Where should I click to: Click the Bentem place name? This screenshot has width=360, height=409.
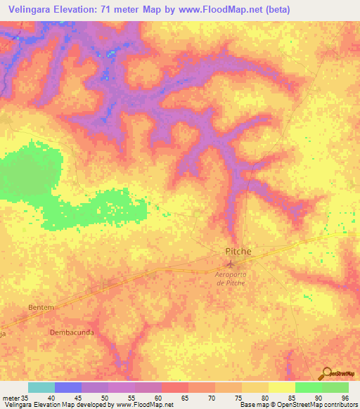click(x=41, y=308)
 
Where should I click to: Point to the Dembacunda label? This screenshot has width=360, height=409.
click(x=72, y=331)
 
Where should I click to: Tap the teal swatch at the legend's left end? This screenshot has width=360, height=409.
click(x=41, y=387)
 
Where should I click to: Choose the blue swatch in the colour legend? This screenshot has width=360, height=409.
click(x=67, y=387)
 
